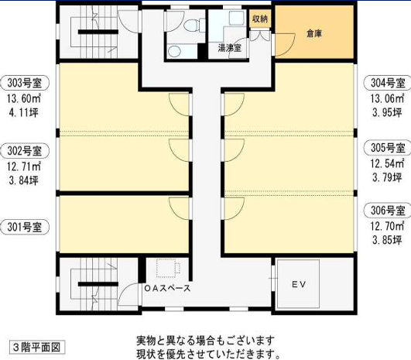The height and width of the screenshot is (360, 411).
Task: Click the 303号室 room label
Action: [25, 83]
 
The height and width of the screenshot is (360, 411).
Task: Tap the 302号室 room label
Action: [25, 151]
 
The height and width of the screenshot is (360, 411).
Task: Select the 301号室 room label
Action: [25, 227]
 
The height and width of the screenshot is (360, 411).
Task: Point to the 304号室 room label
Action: [388, 83]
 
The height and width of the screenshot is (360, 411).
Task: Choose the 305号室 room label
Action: [388, 148]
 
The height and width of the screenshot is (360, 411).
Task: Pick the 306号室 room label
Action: [388, 211]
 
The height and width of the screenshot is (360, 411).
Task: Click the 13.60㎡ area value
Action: [24, 98]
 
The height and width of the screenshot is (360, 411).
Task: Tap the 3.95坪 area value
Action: [387, 112]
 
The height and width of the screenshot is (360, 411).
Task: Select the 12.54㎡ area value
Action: [387, 163]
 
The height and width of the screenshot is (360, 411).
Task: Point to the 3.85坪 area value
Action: [387, 240]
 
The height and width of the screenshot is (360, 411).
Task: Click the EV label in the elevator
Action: [299, 284]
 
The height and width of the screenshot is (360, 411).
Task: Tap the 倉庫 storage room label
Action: [314, 33]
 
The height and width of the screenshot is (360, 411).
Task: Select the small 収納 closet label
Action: [260, 19]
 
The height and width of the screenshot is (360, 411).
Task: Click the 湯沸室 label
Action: [230, 48]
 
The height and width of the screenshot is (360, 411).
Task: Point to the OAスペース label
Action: [167, 288]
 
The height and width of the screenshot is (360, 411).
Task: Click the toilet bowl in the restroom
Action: [191, 26]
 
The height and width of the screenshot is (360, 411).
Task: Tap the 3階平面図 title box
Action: [37, 348]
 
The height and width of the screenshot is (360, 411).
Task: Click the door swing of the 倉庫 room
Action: [285, 45]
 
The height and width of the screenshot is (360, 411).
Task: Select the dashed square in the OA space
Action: [166, 268]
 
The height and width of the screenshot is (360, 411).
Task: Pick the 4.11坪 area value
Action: [23, 112]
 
